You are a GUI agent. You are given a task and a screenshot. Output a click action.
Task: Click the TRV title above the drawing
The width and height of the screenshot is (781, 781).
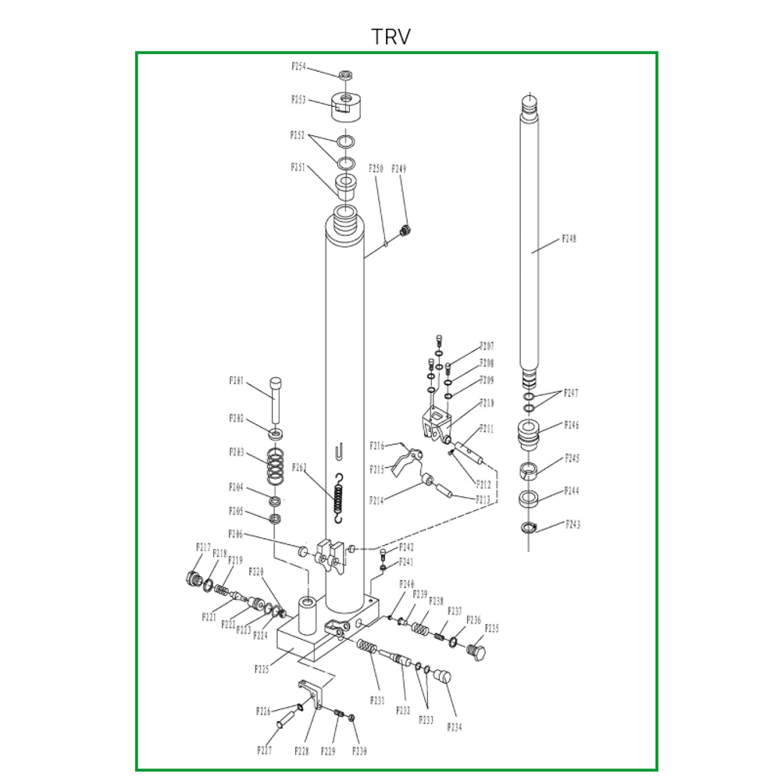(x=390, y=37)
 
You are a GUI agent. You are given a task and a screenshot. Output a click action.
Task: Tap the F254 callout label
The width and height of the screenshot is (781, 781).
(x=298, y=67)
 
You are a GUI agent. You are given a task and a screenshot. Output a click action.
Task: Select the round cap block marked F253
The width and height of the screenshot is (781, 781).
(x=344, y=104)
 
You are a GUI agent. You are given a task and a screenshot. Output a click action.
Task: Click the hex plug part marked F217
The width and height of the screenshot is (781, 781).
(x=191, y=579)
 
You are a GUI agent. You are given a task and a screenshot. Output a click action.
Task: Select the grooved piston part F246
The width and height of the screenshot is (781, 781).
(x=530, y=433)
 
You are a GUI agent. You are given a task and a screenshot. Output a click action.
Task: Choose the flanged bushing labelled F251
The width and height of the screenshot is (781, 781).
(x=345, y=186)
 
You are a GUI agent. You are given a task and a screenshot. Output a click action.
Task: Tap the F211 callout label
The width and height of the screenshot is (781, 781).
(x=487, y=429)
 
